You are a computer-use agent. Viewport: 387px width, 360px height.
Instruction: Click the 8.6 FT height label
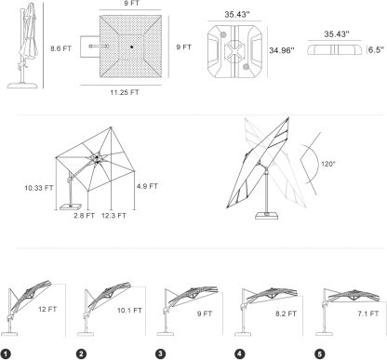60,48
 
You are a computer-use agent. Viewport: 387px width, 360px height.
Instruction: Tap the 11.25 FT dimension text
125,92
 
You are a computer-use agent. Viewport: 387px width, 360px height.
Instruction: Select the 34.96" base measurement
281,50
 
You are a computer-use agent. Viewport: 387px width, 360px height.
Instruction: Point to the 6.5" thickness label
376,50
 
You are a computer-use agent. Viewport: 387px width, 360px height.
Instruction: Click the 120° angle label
328,164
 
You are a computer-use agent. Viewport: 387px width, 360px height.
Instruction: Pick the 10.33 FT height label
39,188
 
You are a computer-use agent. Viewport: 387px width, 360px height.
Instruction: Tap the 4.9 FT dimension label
147,186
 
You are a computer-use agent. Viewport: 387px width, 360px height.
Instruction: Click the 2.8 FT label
84,216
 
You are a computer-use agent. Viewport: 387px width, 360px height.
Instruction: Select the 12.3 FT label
113,216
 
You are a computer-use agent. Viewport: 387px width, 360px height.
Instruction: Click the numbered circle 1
6,353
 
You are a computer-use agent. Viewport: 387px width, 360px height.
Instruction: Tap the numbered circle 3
161,353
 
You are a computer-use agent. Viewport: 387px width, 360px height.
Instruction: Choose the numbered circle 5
319,353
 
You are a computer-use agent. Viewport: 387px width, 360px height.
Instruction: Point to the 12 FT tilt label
47,309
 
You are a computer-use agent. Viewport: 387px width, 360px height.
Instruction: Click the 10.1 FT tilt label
129,311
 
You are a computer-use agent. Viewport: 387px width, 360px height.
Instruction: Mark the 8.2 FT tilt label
286,313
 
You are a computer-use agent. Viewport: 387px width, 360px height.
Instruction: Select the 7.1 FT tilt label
368,313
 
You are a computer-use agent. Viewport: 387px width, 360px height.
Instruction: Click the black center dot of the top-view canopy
131,47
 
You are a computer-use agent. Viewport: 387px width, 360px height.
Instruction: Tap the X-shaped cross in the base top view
234,49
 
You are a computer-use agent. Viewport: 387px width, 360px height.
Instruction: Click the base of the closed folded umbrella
22,86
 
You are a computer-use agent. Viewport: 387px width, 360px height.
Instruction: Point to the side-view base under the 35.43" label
335,50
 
